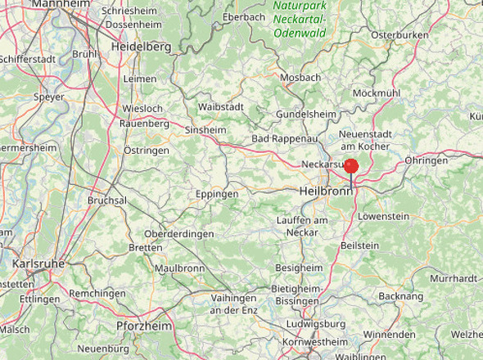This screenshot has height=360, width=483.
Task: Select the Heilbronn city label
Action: (x=325, y=191)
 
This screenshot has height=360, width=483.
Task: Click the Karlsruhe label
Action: (x=39, y=264)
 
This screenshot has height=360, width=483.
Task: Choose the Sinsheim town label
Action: (x=206, y=130)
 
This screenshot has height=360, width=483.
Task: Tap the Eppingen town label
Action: (x=217, y=194)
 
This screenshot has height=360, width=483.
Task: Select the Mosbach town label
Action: (x=300, y=77)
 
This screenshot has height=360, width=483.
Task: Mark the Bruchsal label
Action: (x=107, y=200)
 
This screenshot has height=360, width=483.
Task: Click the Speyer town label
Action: (x=48, y=97)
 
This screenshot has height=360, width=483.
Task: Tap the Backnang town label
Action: (x=401, y=295)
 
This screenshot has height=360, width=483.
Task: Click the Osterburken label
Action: (x=400, y=35)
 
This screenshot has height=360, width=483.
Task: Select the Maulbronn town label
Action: (x=179, y=268)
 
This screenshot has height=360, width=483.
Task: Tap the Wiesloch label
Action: (x=142, y=108)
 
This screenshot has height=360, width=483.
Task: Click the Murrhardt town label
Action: (x=453, y=278)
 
